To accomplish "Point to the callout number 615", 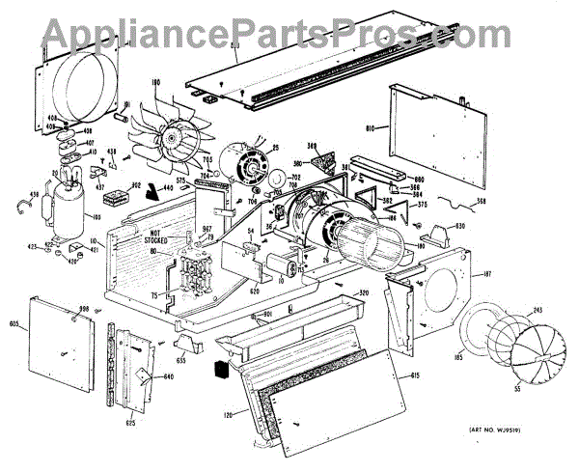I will tap(415, 375).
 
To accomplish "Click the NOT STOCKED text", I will tap(162, 236).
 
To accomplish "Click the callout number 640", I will tap(169, 376).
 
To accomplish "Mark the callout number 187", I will tap(487, 275).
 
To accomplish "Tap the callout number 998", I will tap(85, 309).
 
